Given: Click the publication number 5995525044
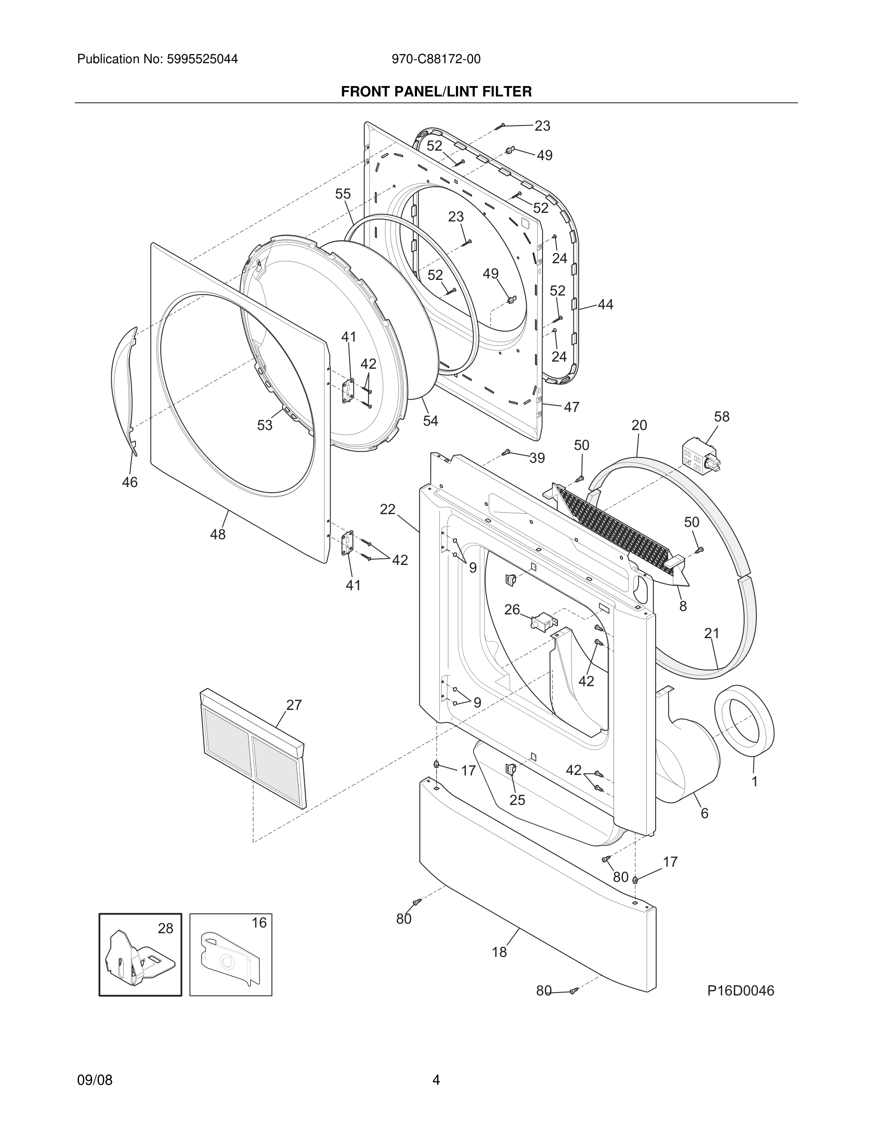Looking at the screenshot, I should (201, 59).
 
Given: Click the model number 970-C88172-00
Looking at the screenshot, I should (436, 59).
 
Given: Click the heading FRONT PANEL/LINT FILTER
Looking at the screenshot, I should (436, 92).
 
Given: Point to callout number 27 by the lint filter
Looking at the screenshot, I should (294, 705).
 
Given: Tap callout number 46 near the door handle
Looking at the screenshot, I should (130, 482).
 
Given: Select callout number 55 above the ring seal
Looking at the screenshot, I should (343, 194).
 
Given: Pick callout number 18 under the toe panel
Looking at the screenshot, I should (499, 952).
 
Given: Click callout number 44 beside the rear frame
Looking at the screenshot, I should (605, 305).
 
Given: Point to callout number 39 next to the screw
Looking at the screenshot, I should (537, 458).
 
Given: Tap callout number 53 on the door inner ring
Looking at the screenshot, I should (265, 425).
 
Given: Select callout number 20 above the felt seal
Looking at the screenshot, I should (639, 425).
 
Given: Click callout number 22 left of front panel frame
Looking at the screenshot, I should (388, 510).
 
